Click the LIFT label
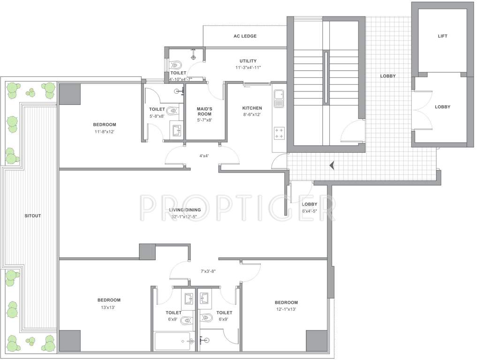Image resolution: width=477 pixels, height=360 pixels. tap(442, 36)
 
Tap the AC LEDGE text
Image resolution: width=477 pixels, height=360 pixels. tap(245, 36)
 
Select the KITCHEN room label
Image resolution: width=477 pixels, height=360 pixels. tap(252, 108)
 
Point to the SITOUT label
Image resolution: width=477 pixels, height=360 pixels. tap(33, 216)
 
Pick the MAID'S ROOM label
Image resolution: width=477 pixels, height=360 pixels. tap(204, 112)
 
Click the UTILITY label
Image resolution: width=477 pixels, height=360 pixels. tap(248, 61)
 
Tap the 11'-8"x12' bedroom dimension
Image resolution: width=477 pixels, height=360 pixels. tap(104, 132)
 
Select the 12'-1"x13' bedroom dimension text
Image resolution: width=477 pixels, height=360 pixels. tap(286, 309)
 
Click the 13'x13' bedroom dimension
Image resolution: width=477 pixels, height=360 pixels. tap(109, 307)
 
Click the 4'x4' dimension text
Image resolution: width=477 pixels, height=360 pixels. tap(204, 156)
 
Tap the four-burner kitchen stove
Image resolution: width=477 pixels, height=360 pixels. tap(279, 133)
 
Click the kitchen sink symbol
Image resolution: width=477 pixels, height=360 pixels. tap(279, 98)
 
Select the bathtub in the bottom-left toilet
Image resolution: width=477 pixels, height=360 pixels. tap(172, 341)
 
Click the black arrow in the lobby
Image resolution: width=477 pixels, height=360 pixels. tap(333, 165)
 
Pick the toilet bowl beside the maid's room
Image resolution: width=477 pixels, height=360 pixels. tap(174, 112)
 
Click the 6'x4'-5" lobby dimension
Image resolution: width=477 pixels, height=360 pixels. tap(309, 211)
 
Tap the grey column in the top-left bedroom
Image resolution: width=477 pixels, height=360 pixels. tap(69, 94)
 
